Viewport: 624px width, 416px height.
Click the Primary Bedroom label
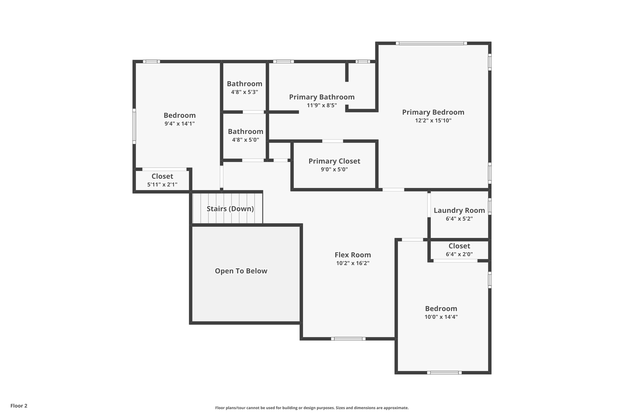pyautogui.click(x=433, y=112)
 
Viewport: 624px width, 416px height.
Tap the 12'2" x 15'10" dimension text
pyautogui.click(x=433, y=120)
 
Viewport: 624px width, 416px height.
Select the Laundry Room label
pyautogui.click(x=459, y=210)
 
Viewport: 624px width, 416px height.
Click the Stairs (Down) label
pyautogui.click(x=230, y=209)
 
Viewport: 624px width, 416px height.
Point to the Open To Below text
pyautogui.click(x=241, y=271)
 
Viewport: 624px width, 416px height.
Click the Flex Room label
pyautogui.click(x=353, y=255)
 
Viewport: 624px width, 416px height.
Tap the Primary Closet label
pyautogui.click(x=334, y=161)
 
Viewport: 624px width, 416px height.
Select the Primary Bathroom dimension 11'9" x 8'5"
pyautogui.click(x=322, y=105)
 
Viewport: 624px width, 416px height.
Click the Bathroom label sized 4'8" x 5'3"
pyautogui.click(x=244, y=84)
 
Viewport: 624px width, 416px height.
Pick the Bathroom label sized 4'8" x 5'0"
pyautogui.click(x=245, y=131)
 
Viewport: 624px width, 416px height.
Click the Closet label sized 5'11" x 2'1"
pyautogui.click(x=162, y=176)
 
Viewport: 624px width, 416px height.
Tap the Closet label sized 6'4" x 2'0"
pyautogui.click(x=459, y=246)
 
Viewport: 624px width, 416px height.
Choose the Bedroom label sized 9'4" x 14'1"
pyautogui.click(x=179, y=115)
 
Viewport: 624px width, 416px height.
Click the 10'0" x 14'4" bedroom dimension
pyautogui.click(x=441, y=317)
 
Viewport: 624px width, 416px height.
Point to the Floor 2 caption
pyautogui.click(x=19, y=406)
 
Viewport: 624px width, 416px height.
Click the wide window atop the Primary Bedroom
pyautogui.click(x=431, y=43)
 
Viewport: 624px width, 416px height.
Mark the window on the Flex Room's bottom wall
pyautogui.click(x=348, y=339)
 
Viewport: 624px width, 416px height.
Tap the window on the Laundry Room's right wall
pyautogui.click(x=490, y=206)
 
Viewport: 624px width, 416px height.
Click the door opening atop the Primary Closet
pyautogui.click(x=332, y=141)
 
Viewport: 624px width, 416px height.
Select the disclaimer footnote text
pyautogui.click(x=312, y=408)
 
